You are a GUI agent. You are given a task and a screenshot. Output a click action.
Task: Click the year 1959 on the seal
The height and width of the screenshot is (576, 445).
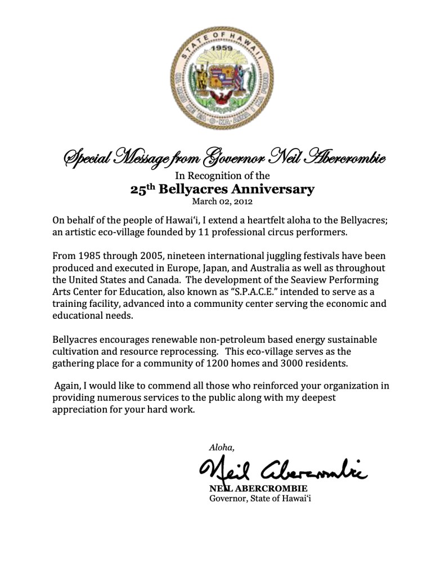tap(222, 48)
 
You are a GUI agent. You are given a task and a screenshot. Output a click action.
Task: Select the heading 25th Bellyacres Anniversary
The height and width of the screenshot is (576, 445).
tap(222, 189)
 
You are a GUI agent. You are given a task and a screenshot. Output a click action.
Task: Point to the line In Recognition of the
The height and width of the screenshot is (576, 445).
tap(222, 176)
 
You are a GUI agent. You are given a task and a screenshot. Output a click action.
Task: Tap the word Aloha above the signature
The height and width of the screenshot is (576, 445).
tap(221, 448)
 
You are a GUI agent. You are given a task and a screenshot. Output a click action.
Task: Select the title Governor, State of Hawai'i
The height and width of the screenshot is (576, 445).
tap(260, 498)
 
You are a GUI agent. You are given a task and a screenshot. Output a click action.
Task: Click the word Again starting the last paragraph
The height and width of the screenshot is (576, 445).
tap(67, 386)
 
